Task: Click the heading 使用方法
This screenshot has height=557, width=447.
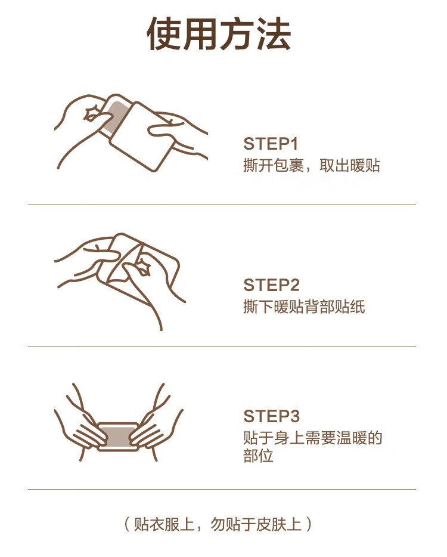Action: (219, 34)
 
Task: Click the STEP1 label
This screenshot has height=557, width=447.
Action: (271, 144)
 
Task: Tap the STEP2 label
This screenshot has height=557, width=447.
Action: (271, 285)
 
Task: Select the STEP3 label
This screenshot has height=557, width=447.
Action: (271, 416)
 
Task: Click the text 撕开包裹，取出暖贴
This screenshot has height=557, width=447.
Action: (312, 165)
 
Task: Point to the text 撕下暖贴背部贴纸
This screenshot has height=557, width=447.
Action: (304, 307)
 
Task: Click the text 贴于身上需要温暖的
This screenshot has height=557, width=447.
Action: (313, 438)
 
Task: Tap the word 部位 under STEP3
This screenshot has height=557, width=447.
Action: (258, 456)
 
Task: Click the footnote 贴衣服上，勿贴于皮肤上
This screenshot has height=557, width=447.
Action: (218, 524)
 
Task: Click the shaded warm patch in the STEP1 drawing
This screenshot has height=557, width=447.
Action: (116, 116)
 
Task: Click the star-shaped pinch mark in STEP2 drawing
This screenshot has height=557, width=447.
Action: (142, 267)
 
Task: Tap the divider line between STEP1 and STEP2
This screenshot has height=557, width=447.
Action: (222, 205)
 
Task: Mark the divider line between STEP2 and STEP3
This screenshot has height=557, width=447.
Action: (222, 346)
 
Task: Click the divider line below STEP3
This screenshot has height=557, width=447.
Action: (222, 489)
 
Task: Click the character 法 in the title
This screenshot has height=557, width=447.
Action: (274, 34)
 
